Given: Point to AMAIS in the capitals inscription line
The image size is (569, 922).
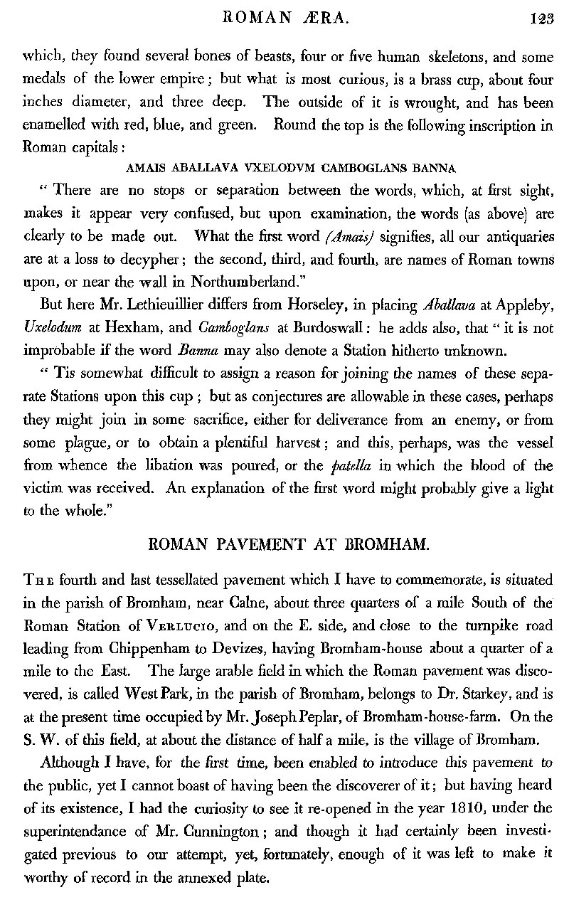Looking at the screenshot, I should pos(143,169).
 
